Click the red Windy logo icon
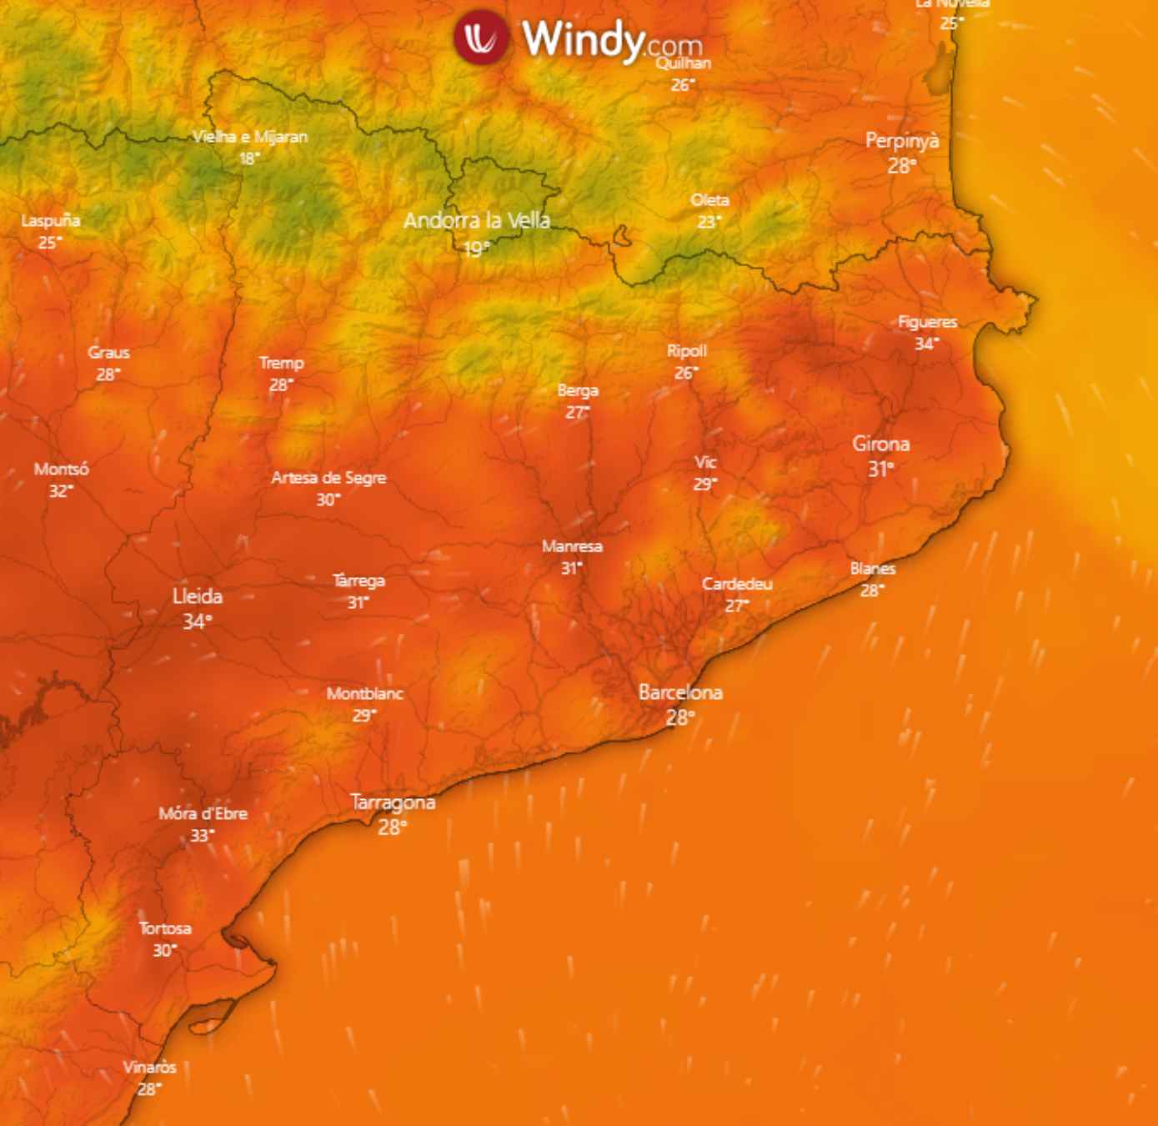coord(481,37)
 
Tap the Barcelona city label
coord(680,692)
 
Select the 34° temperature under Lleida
coord(197,622)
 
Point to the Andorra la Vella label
coord(477,220)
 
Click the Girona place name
coord(880,444)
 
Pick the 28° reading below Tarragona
coord(392,827)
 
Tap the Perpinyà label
coord(902,141)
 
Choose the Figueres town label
coord(927,322)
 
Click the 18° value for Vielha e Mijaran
coord(249,158)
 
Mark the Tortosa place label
coord(165,928)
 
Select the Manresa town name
coord(572,546)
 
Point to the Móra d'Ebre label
coord(203,813)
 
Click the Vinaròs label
coord(150,1067)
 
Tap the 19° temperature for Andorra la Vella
coord(477,249)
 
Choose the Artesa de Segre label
coord(328,478)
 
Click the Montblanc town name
coord(365,693)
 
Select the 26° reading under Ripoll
coord(685,373)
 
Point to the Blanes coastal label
coord(873,569)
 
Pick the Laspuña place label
coord(51,221)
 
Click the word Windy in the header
coord(583,38)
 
